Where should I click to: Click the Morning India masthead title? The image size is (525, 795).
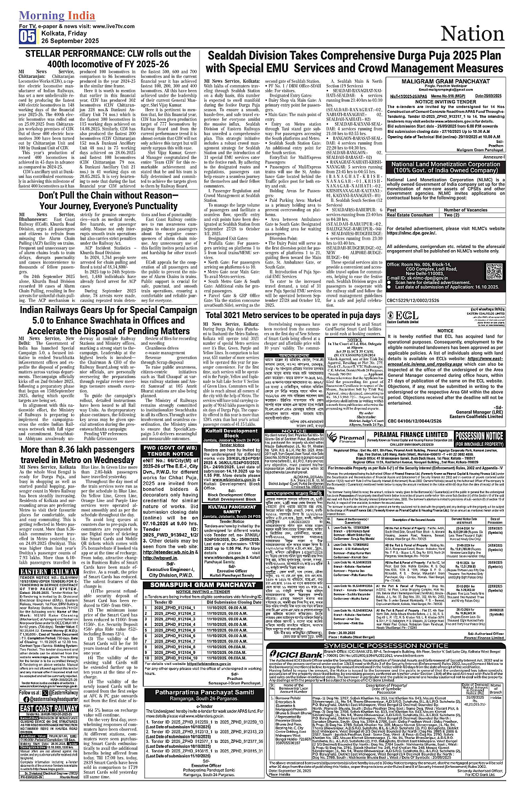pos(57,16)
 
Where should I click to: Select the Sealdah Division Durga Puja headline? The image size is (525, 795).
pos(354,62)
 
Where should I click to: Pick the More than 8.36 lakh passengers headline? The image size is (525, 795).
pos(78,455)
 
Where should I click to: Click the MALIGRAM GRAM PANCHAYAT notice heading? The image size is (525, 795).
pos(453,81)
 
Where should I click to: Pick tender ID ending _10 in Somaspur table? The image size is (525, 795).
pos(172,658)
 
